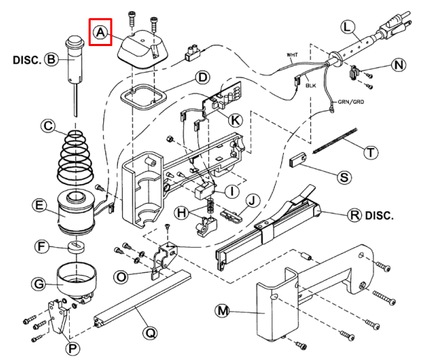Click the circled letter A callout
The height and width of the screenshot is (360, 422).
click(100, 32)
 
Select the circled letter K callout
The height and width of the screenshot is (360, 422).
click(235, 120)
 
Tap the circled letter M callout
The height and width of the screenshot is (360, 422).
click(222, 311)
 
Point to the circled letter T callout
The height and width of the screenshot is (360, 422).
click(371, 153)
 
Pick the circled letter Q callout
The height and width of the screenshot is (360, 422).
click(150, 333)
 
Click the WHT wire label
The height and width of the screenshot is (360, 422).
click(292, 55)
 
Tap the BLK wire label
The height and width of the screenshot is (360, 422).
click(310, 86)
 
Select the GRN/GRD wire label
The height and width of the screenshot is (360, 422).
click(351, 102)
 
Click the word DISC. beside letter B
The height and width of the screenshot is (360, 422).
click(27, 60)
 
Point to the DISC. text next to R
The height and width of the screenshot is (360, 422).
click(379, 216)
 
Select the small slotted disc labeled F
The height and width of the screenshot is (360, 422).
click(76, 247)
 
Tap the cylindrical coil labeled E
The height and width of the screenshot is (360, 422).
click(76, 213)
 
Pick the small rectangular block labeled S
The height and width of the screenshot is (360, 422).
click(298, 160)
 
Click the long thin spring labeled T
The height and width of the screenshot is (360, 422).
click(335, 141)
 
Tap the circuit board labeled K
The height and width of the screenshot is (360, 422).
click(223, 96)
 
